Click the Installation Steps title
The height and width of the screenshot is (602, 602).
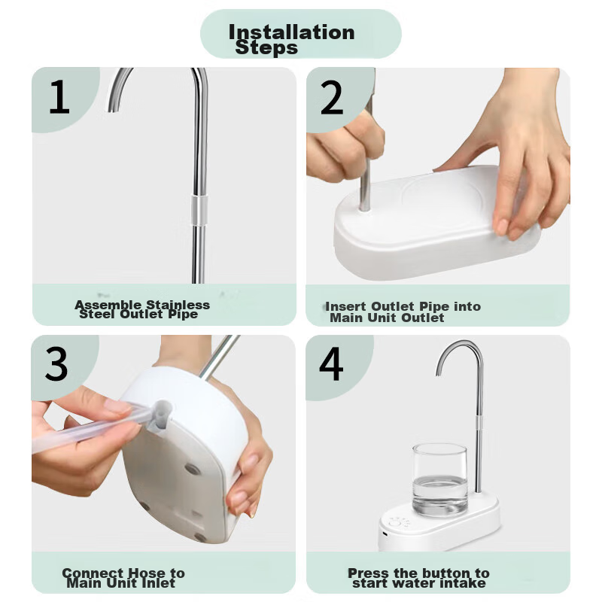point(291,39)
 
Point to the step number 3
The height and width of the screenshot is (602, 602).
point(56,363)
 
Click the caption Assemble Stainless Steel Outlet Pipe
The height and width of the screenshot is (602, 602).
point(142,309)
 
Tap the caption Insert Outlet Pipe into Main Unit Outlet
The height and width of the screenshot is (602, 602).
point(403,312)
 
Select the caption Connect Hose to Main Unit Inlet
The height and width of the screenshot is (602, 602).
point(123,578)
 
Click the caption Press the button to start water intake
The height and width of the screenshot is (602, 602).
point(418,578)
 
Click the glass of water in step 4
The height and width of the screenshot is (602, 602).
point(439,479)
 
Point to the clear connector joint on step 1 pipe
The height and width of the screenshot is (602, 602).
point(199,210)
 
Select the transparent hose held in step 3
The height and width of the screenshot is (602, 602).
point(92,427)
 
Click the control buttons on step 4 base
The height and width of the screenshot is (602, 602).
point(399,523)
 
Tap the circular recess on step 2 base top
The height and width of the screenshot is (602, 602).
point(442,199)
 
